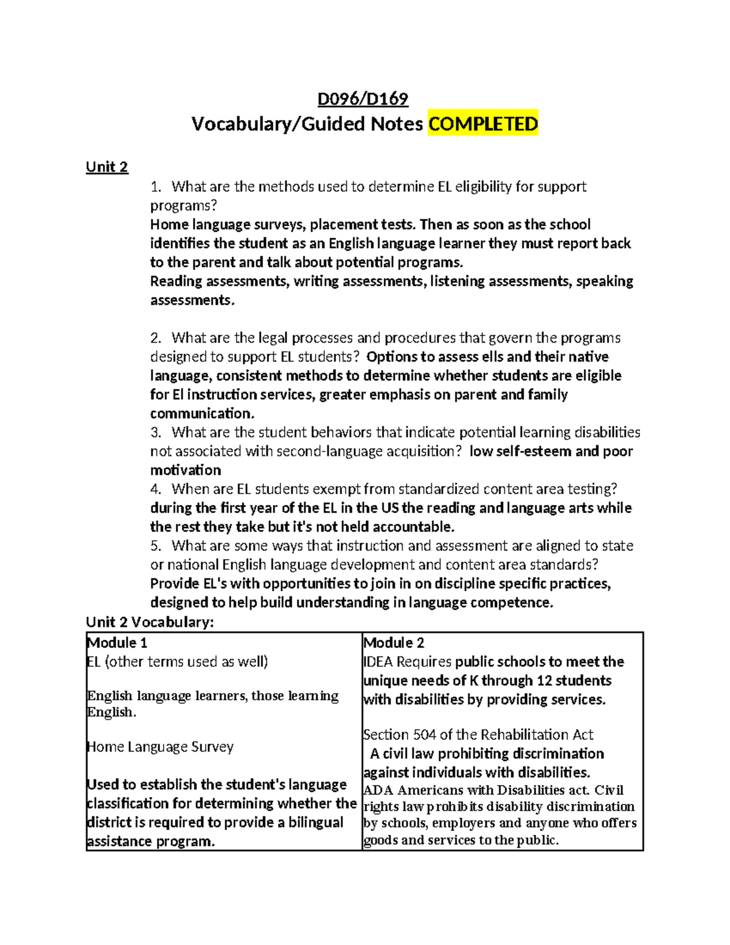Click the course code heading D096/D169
pos(363,99)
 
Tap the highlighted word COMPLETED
pos(483,124)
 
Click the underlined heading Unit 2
pos(107,167)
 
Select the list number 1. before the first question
pos(156,186)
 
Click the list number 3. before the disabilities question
pos(156,432)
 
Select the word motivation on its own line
pos(186,470)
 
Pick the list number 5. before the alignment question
pos(156,545)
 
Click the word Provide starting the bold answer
pos(175,584)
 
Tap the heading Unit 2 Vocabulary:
pos(150,621)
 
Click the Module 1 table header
pos(117,643)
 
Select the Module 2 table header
pos(394,643)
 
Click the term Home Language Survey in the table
pos(161,747)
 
